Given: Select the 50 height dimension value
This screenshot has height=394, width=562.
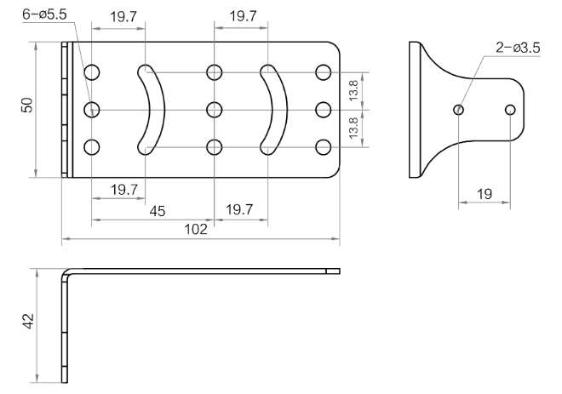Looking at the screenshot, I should pos(27,106).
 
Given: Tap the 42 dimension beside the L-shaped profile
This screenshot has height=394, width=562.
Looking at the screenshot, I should pos(27,322).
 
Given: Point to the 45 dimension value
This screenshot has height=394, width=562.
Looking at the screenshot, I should pos(157,211).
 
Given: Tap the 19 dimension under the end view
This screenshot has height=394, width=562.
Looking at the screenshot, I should pos(484,194).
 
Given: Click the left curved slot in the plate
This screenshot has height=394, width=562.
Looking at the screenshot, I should pos(149,108).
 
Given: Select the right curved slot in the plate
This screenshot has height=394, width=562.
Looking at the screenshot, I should pos(270,108).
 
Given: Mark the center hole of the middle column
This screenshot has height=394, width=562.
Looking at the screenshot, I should pos(214,109).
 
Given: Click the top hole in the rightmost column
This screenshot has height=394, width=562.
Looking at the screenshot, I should pos(323,72).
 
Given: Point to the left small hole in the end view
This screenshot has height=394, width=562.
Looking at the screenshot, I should pos(458,109).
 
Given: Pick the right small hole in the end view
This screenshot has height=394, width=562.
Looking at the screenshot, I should pos(510,109).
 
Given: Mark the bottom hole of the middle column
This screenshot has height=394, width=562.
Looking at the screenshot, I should pos(214,146).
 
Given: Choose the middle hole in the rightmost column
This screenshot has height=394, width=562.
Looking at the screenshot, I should pos(323,109).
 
